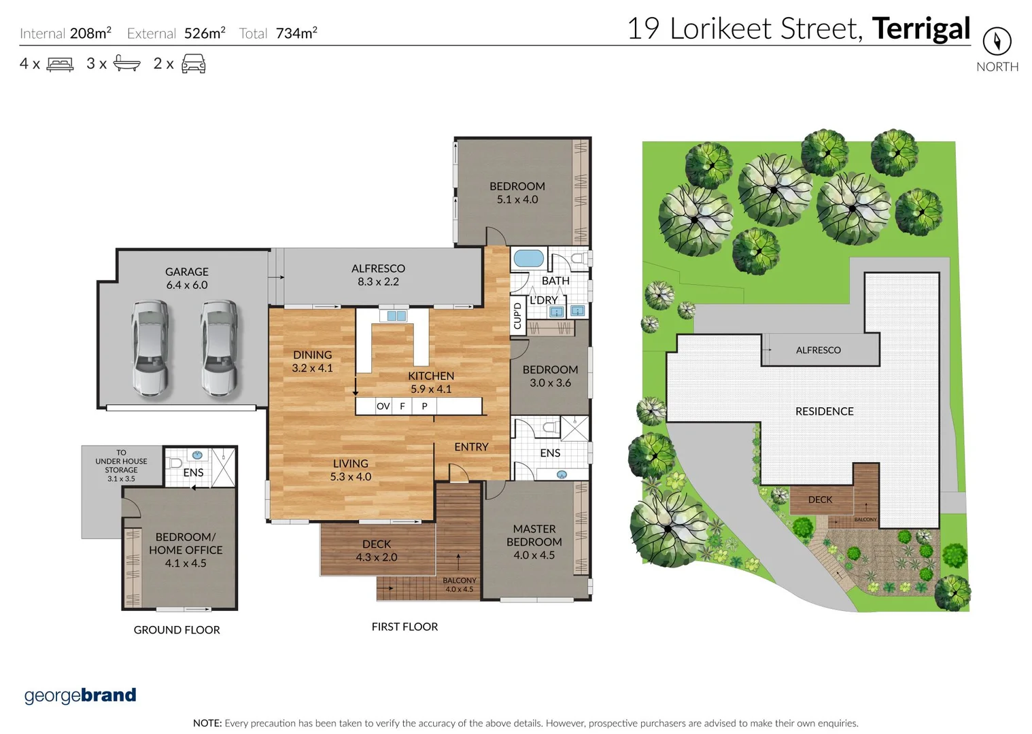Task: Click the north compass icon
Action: (997, 41)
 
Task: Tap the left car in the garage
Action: (150, 347)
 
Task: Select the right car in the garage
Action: (219, 347)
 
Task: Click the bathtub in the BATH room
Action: (528, 258)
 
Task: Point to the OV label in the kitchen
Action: (383, 406)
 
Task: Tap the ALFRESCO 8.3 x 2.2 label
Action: (378, 275)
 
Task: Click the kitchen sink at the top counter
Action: (396, 315)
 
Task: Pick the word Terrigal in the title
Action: (921, 29)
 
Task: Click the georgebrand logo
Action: (80, 695)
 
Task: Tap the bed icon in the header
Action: (60, 65)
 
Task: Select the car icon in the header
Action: (193, 64)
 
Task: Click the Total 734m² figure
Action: (278, 33)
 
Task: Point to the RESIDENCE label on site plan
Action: (824, 411)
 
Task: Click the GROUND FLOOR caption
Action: (177, 630)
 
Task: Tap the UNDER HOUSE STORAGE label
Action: (121, 466)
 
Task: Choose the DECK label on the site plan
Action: (820, 500)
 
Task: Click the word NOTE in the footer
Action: (207, 723)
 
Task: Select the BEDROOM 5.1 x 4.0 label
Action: (517, 192)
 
